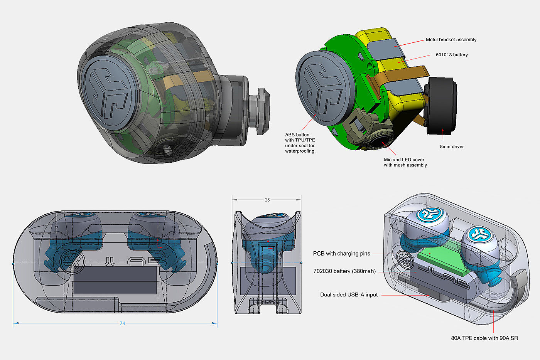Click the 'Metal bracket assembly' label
click(x=451, y=40)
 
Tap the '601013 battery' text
click(x=452, y=55)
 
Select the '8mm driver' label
click(x=452, y=146)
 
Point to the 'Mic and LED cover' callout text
click(x=404, y=160)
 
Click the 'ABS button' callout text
click(x=297, y=135)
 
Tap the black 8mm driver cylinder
click(x=441, y=106)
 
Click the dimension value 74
click(x=123, y=323)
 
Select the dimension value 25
click(x=267, y=200)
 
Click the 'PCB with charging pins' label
click(x=342, y=254)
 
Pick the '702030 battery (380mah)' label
click(x=344, y=271)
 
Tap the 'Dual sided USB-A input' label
click(x=349, y=295)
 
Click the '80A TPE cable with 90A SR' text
click(x=484, y=338)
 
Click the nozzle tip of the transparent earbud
click(x=264, y=111)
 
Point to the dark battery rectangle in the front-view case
click(x=115, y=280)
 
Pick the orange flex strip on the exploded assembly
click(x=398, y=76)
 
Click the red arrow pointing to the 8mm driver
click(x=443, y=135)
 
